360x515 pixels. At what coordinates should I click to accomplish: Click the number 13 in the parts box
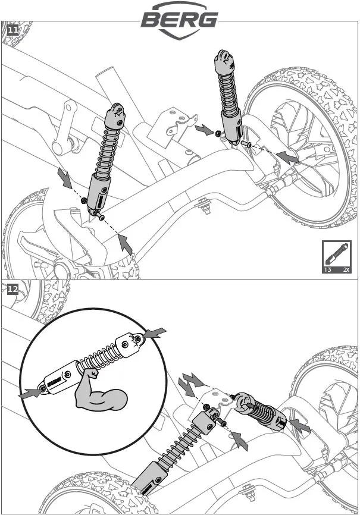pyautogui.click(x=327, y=269)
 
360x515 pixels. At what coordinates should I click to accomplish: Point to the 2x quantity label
pyautogui.click(x=346, y=269)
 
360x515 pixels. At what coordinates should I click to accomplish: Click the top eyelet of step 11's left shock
pyautogui.click(x=116, y=111)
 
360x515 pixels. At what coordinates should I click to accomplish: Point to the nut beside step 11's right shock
pyautogui.click(x=220, y=133)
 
